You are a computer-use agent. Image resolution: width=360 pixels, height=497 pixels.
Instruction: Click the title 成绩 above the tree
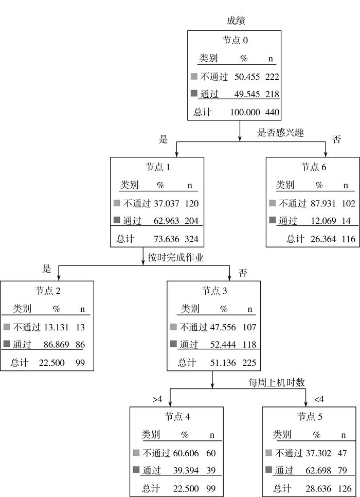click(236, 21)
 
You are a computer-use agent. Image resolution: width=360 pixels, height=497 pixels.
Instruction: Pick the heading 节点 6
click(313, 167)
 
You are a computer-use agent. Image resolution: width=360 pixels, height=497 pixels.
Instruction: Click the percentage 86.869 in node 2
click(53, 345)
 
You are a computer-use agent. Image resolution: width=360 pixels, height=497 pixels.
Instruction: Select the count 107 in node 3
click(248, 327)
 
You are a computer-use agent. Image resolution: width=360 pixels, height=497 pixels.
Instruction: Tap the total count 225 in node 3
click(248, 363)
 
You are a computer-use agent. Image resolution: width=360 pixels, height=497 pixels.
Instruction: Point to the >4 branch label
click(158, 399)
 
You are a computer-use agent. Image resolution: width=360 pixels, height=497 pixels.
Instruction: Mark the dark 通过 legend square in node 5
click(268, 470)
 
